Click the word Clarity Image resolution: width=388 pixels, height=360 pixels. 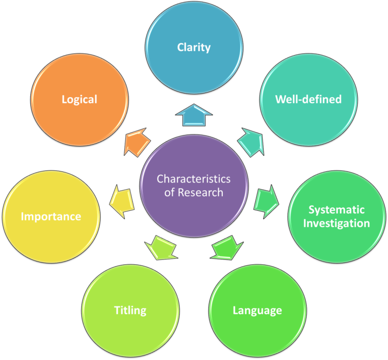[193, 48]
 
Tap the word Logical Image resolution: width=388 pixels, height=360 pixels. [79, 99]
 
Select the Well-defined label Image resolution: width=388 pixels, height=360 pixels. [308, 99]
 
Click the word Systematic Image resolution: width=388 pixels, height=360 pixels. [336, 210]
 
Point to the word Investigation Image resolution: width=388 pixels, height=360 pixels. [336, 223]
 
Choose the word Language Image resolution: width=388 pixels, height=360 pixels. [257, 310]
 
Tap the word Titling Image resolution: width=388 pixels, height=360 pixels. [130, 310]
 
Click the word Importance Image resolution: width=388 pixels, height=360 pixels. [51, 216]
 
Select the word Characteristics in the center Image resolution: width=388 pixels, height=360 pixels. [193, 179]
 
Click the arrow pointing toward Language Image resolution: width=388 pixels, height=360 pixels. [225, 248]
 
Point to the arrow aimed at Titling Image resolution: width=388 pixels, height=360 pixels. [161, 248]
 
